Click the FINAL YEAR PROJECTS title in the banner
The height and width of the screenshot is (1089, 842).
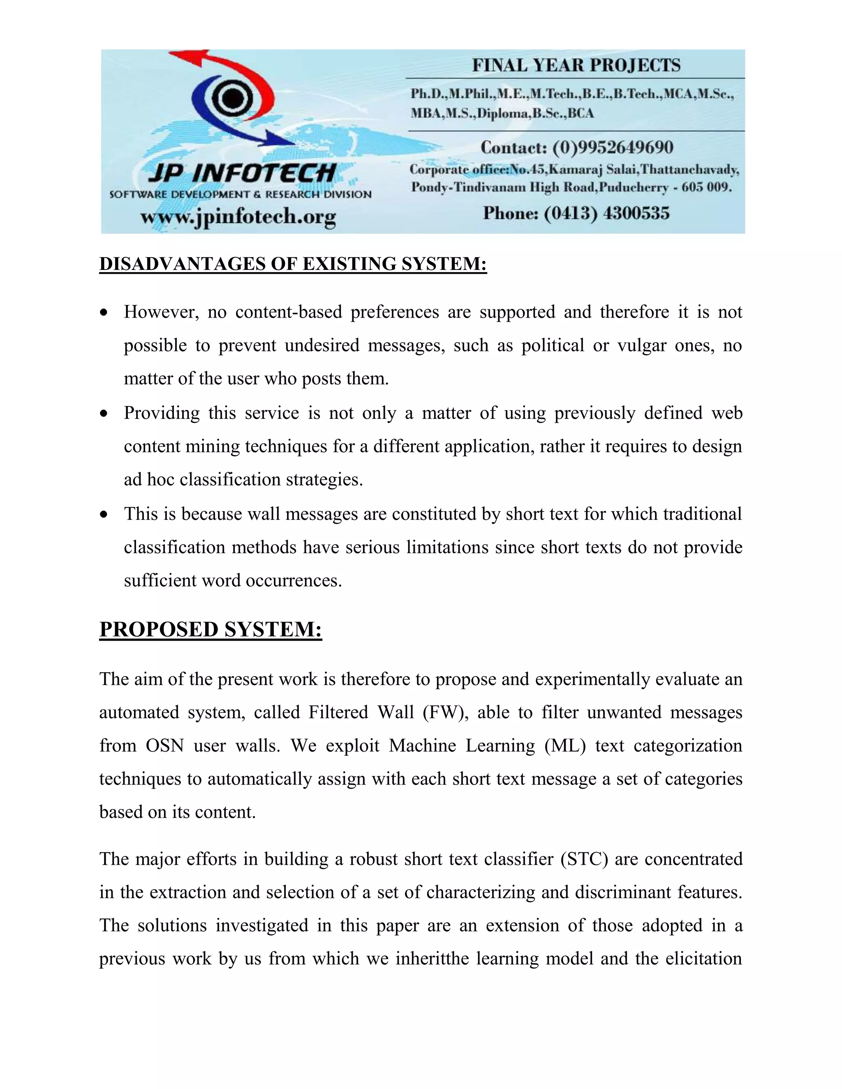pyautogui.click(x=576, y=65)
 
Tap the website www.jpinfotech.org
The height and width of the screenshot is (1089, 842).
pyautogui.click(x=238, y=217)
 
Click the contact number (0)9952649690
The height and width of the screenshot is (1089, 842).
pyautogui.click(x=613, y=148)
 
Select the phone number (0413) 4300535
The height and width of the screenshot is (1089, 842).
pyautogui.click(x=606, y=213)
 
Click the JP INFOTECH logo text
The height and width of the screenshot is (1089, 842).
pyautogui.click(x=242, y=173)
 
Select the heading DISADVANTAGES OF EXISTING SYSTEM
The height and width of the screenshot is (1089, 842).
pyautogui.click(x=293, y=264)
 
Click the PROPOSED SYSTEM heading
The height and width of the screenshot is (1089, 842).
pyautogui.click(x=210, y=629)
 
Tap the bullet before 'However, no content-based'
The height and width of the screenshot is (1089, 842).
pyautogui.click(x=104, y=313)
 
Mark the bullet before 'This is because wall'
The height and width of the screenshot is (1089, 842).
pyautogui.click(x=104, y=515)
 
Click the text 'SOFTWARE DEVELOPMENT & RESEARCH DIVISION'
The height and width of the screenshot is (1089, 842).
pyautogui.click(x=241, y=194)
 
